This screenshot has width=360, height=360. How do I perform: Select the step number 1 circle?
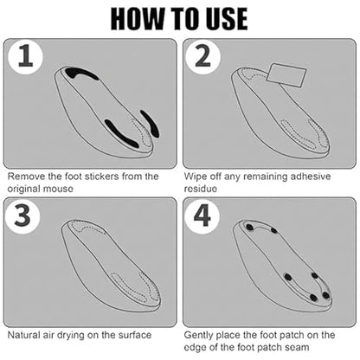point(25,57)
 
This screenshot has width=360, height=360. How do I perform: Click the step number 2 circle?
point(202,57)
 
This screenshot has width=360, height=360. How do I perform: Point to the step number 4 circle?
point(202,215)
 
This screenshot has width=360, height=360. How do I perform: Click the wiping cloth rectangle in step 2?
point(286,75)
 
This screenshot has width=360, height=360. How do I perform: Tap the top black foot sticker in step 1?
point(80,74)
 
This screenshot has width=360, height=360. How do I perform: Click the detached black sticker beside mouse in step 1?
point(150,124)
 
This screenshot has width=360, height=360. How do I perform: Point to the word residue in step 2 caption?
point(201,189)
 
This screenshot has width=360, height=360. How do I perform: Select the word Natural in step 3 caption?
point(23,335)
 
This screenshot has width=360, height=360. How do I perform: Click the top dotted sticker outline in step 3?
point(87,227)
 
